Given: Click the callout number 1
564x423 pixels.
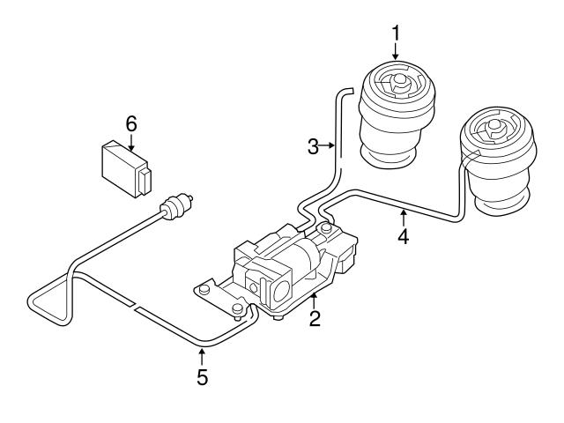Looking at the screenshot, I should click(x=396, y=33).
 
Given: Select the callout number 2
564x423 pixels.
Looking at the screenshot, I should click(x=314, y=319).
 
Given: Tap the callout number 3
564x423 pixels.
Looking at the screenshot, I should click(x=313, y=147).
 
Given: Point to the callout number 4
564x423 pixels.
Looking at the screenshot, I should click(x=402, y=237).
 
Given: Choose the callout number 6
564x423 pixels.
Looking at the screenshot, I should click(x=130, y=124).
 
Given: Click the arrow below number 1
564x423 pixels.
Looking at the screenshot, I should click(x=396, y=53).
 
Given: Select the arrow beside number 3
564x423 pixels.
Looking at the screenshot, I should click(x=329, y=147).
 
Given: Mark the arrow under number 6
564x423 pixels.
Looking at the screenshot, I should click(x=130, y=144).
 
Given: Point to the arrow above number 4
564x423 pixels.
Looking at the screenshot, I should click(x=402, y=217).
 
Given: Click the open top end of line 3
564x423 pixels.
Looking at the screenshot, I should click(x=347, y=88).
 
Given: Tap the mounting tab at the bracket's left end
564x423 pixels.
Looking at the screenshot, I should click(x=204, y=288).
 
